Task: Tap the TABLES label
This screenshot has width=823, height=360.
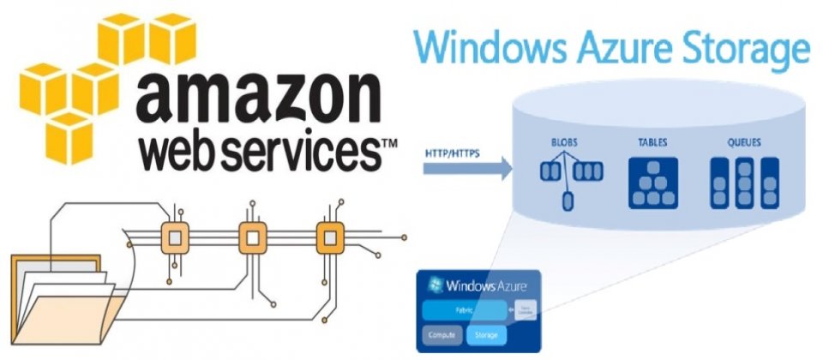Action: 653,141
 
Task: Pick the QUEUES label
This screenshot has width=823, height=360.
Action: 743,141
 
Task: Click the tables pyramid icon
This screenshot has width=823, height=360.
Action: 653,182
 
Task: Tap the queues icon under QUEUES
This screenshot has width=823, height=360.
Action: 744,181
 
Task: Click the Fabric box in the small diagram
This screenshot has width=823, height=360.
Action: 463,308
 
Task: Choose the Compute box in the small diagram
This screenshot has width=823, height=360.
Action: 440,333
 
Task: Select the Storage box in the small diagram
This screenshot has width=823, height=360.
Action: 488,333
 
